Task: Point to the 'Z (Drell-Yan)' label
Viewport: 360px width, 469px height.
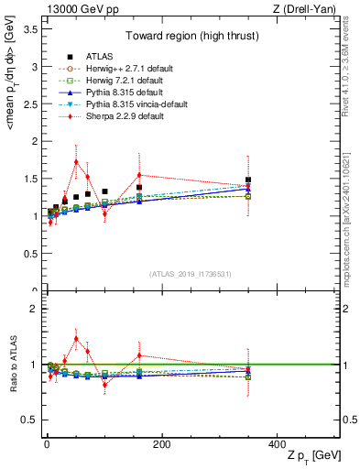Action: tap(311, 8)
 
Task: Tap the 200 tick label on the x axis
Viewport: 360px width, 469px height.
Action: tap(161, 444)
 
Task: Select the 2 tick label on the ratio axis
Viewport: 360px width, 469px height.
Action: tap(33, 309)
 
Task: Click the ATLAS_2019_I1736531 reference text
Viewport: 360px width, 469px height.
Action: tap(191, 274)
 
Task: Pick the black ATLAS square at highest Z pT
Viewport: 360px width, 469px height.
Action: tap(248, 180)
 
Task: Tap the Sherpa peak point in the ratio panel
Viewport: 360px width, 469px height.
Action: tap(76, 339)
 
